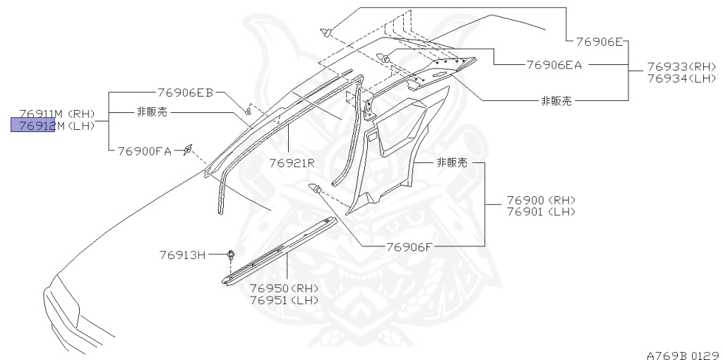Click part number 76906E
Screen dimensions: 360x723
(x=598, y=42)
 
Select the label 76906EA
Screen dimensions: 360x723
(x=554, y=64)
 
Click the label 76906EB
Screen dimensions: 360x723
(x=184, y=92)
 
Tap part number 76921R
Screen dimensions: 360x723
(x=291, y=163)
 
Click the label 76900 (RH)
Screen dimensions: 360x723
(x=541, y=200)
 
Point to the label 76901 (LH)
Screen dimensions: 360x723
(x=541, y=211)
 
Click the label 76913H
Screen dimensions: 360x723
(x=181, y=255)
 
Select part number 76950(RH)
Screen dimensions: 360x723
(x=284, y=289)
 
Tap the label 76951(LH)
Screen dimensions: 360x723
(x=284, y=300)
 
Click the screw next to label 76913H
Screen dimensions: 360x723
(x=231, y=255)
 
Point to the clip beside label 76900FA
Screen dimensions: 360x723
(x=187, y=149)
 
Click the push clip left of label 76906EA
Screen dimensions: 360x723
(x=386, y=58)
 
